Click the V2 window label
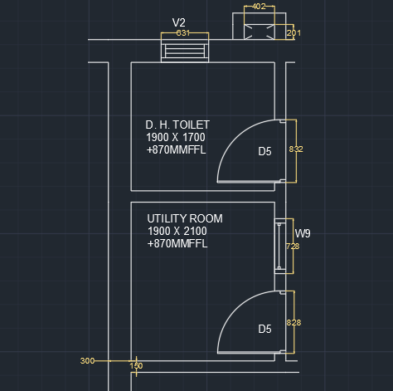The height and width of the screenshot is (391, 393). click(x=179, y=22)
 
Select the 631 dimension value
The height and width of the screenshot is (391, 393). click(x=183, y=33)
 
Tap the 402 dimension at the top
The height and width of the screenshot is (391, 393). click(x=259, y=7)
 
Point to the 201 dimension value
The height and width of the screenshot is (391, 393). click(x=294, y=33)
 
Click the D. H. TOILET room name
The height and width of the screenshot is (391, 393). click(x=177, y=125)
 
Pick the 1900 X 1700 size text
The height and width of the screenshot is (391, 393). click(x=176, y=137)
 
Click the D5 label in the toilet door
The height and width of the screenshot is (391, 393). click(x=264, y=151)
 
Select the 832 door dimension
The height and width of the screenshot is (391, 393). click(x=296, y=149)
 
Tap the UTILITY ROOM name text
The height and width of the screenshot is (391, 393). click(x=185, y=218)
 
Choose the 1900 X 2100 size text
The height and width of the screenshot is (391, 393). click(x=177, y=231)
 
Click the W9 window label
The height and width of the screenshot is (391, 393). click(x=303, y=233)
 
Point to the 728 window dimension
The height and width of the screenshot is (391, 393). click(x=293, y=247)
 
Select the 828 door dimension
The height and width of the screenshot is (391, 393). click(x=294, y=323)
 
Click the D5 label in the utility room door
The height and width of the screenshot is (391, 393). click(x=264, y=329)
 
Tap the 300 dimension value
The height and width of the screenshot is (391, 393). click(x=87, y=361)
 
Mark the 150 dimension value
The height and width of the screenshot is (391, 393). click(x=136, y=366)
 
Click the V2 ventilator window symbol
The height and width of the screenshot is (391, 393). click(x=185, y=51)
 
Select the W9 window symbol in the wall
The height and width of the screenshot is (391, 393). click(x=280, y=246)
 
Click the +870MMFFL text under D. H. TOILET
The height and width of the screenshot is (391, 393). click(x=177, y=149)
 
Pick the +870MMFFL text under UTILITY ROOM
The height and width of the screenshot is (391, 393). click(x=177, y=243)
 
